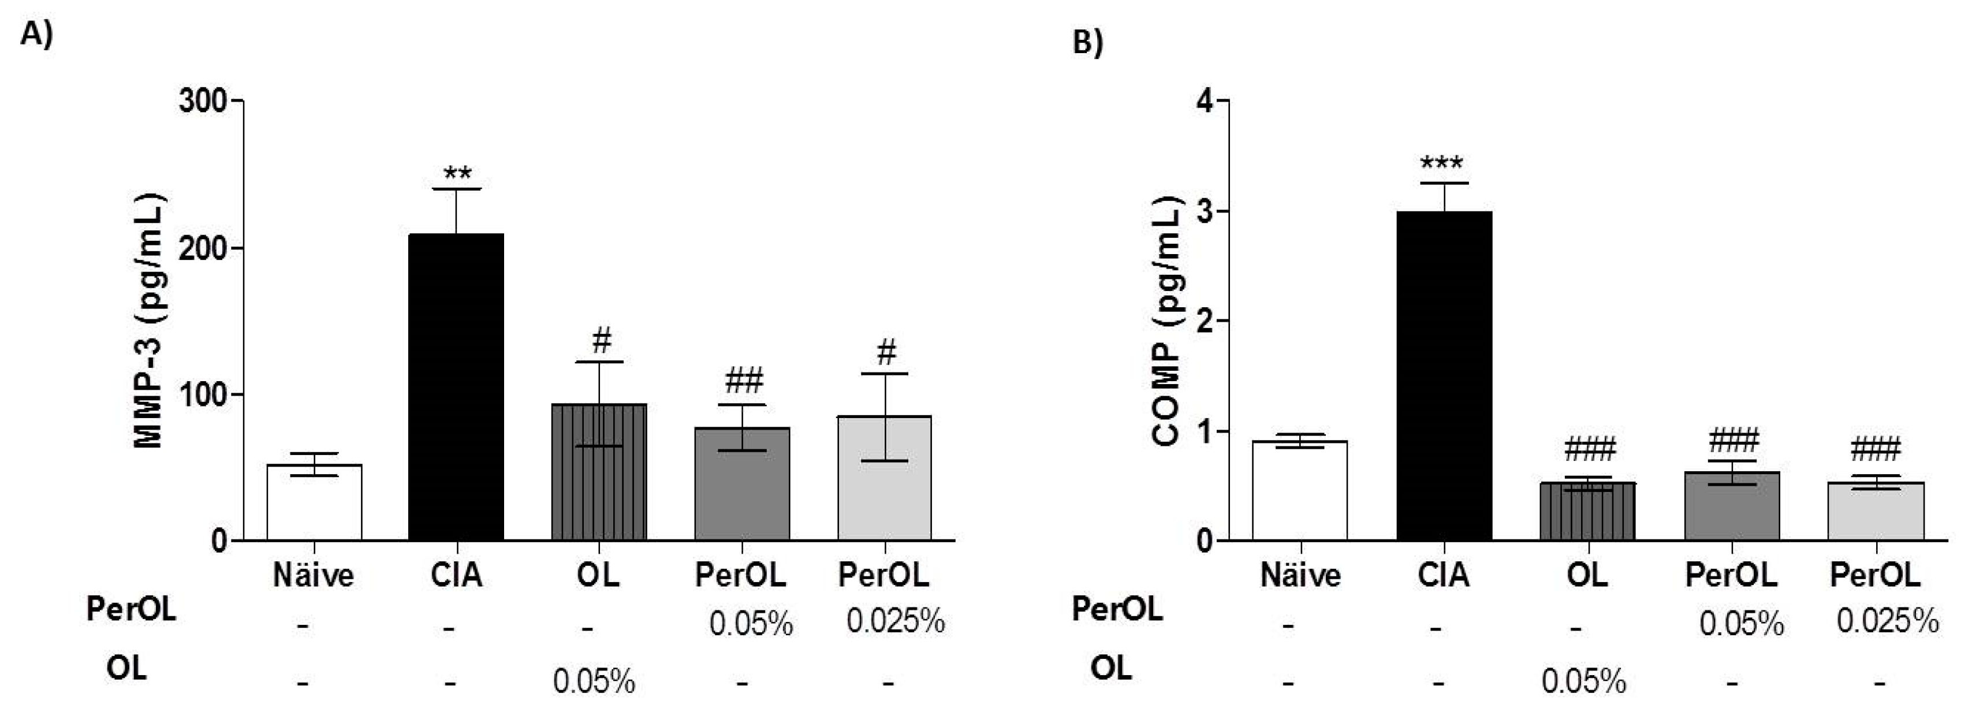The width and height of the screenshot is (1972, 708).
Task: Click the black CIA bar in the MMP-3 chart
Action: pos(456,386)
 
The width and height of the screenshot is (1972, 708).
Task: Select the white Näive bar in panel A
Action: pos(314,502)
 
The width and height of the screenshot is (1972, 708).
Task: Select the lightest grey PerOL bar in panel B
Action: pos(1875,511)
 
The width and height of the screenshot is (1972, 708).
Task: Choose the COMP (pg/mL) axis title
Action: pos(1168,321)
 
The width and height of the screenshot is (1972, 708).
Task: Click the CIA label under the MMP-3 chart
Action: pos(456,575)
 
